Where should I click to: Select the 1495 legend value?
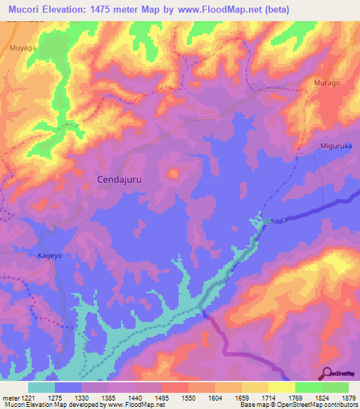[x=162, y=398]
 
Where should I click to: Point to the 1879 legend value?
[x=349, y=398]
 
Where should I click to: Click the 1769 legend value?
[x=295, y=398]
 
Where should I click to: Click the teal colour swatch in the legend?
[x=41, y=387]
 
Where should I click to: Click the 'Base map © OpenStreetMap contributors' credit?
[x=298, y=405]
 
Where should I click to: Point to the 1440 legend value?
[x=135, y=398]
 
